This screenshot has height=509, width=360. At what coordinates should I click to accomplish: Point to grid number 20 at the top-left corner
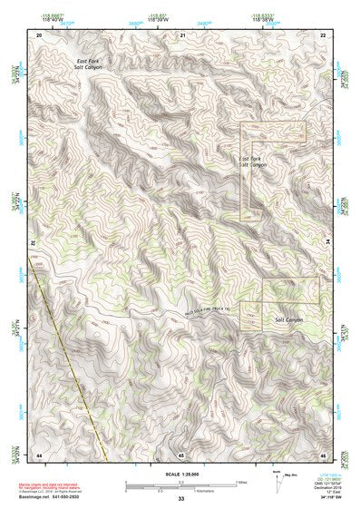click(39, 35)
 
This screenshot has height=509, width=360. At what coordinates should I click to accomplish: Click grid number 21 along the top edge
click(182, 35)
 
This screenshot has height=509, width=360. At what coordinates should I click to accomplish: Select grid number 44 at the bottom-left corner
click(39, 453)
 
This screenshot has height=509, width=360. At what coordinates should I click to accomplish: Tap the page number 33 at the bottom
click(180, 499)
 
